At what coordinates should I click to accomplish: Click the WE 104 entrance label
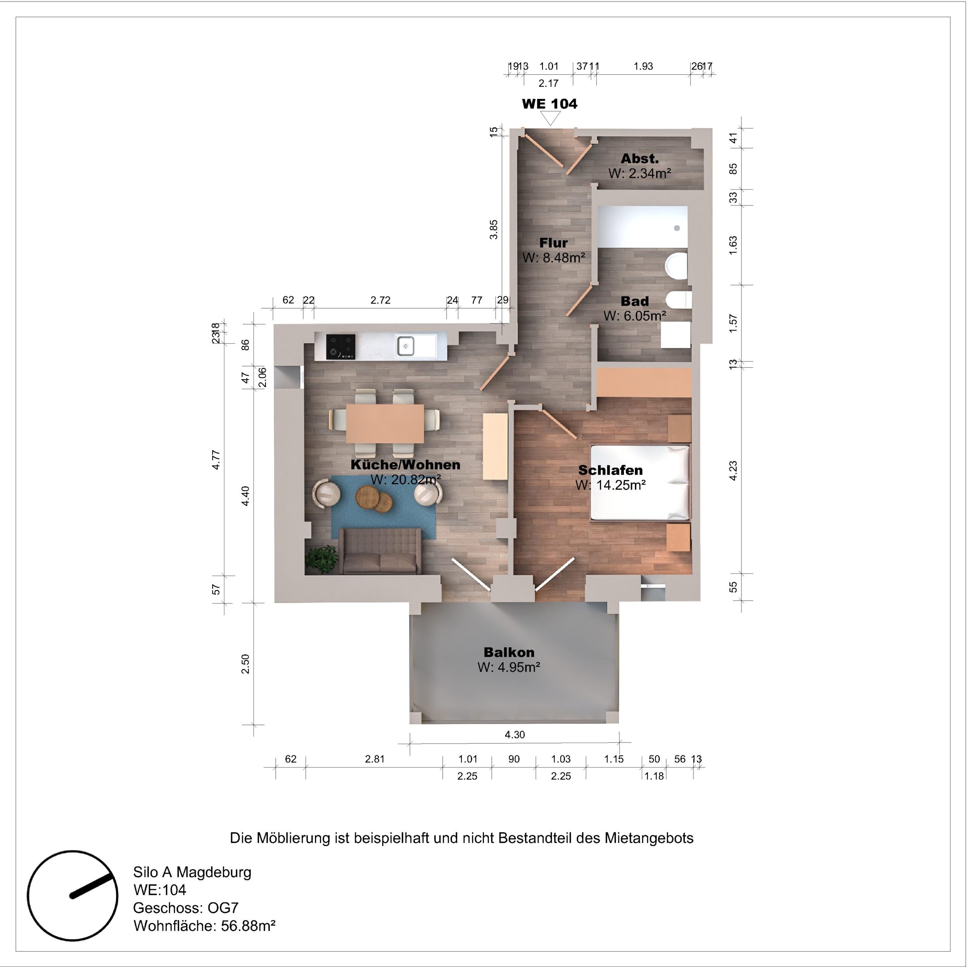(x=550, y=104)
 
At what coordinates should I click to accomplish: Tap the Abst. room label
(x=640, y=159)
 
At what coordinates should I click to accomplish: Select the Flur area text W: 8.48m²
(x=554, y=258)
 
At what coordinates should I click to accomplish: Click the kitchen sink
(x=405, y=346)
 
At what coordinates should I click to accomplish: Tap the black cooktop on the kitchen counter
(x=341, y=347)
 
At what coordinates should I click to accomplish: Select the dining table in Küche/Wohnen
(x=385, y=423)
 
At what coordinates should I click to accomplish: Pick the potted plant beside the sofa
(x=321, y=559)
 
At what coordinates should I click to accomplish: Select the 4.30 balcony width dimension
(x=514, y=735)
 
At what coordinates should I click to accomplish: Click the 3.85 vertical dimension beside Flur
(x=494, y=229)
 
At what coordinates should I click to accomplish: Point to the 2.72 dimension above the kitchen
(x=380, y=300)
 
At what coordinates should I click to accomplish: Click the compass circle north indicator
(x=73, y=896)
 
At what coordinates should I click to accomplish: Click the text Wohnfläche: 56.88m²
(x=204, y=926)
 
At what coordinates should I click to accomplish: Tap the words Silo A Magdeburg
(x=192, y=873)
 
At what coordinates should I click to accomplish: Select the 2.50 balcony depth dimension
(x=245, y=664)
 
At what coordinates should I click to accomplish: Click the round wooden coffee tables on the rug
(x=374, y=499)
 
